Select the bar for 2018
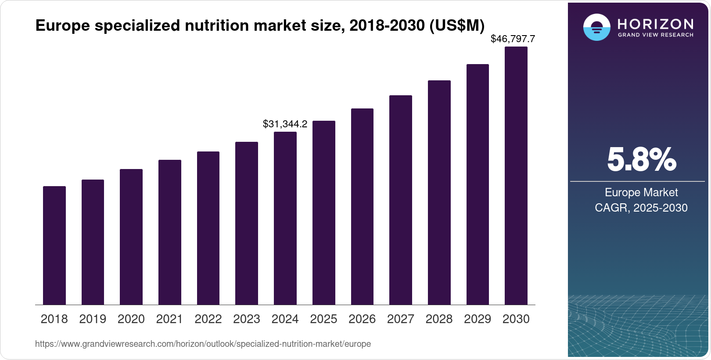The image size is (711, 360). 54,245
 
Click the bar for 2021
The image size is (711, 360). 170,232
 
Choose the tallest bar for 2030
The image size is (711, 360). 516,176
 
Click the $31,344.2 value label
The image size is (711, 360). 285,124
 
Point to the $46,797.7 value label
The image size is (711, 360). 513,39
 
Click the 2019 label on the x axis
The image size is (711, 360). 93,319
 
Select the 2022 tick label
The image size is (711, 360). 208,319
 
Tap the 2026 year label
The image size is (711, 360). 362,319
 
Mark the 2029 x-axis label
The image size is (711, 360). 478,319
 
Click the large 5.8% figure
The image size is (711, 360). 641,160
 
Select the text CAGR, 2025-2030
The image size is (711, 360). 641,208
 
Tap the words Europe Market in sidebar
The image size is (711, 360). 641,192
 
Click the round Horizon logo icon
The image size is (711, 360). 596,28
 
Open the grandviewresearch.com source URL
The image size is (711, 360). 203,344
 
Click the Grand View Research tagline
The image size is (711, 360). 655,35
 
